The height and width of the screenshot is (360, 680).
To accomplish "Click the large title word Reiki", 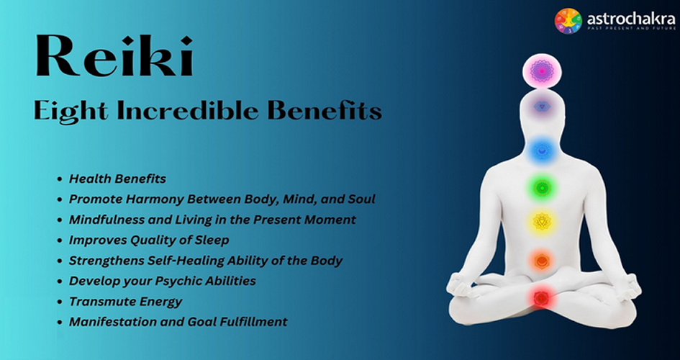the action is click(x=114, y=56).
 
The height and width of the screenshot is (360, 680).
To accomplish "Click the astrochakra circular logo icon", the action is click(x=568, y=21).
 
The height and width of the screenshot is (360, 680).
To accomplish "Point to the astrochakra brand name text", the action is click(x=631, y=19).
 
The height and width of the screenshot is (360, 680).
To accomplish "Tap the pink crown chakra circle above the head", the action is click(x=542, y=71).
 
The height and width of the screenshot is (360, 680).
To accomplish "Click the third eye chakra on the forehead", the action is click(x=542, y=107).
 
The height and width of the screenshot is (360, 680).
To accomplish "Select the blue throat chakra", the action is click(x=542, y=151).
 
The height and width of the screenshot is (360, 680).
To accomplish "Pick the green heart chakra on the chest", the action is click(x=542, y=188).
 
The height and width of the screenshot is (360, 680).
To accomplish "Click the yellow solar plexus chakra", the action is click(x=542, y=222).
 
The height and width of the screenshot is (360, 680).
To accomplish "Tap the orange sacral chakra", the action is click(x=541, y=261).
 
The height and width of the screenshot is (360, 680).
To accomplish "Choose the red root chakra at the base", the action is click(x=541, y=298).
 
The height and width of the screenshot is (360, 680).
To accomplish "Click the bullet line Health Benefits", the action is click(x=117, y=179).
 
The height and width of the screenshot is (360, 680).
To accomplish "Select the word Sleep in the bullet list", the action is click(x=212, y=240).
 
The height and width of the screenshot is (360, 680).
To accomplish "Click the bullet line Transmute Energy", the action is click(x=126, y=302).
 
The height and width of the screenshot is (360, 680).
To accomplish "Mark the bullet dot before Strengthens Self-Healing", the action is click(x=60, y=261).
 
